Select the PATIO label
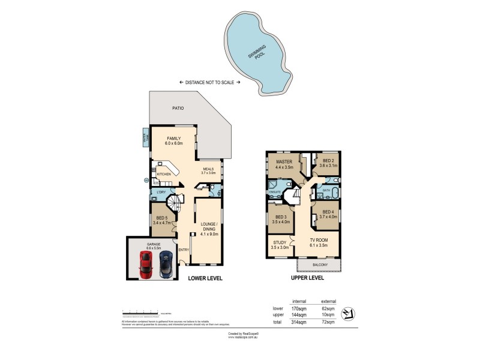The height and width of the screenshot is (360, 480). tap(177, 109)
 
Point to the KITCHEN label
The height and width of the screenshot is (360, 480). tap(164, 174)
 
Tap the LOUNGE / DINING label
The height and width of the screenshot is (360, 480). tap(209, 225)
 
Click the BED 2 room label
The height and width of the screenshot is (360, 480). tap(327, 163)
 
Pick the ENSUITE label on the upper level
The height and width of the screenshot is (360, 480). tap(275, 192)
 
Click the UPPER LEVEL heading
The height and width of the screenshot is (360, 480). tap(308, 278)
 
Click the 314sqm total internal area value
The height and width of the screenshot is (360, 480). tap(299, 322)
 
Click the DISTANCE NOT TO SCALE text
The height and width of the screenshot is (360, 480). tap(209, 82)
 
